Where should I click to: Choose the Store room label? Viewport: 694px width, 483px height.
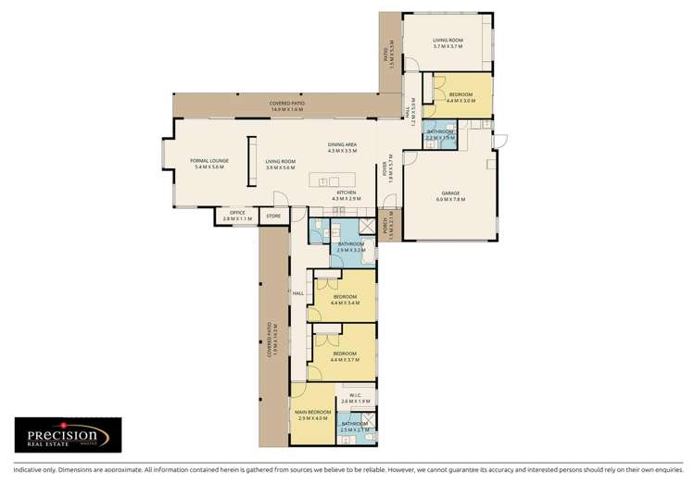[x=272, y=216]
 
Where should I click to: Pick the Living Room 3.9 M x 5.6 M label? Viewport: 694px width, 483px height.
[x=280, y=164]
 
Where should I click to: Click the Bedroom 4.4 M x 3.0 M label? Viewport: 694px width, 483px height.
[x=461, y=97]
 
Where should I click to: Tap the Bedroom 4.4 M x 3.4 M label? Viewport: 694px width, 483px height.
[x=346, y=299]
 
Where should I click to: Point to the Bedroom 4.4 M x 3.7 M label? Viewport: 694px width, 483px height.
[x=346, y=356]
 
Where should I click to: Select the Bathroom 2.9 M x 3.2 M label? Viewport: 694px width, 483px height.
[x=351, y=247]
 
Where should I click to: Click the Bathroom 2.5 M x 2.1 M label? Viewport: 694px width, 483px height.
[x=355, y=427]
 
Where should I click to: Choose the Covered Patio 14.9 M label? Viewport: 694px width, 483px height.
[x=287, y=105]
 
